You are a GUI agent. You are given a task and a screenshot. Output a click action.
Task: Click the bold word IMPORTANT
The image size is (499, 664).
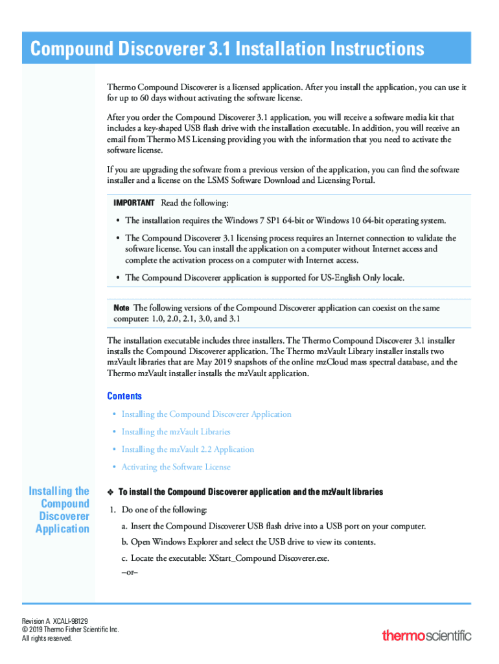134,203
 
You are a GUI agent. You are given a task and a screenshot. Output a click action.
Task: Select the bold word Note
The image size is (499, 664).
121,307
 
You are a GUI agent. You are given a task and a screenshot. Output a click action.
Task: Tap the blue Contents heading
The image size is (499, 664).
124,396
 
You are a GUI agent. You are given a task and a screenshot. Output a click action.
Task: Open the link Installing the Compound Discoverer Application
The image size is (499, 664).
206,414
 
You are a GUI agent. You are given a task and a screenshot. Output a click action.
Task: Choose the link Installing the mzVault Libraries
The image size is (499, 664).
176,432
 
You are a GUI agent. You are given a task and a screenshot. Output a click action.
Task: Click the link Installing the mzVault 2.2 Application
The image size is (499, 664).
187,449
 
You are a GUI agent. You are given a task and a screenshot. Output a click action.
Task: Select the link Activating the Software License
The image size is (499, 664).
176,467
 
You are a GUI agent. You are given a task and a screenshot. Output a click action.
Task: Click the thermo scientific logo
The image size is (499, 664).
426,635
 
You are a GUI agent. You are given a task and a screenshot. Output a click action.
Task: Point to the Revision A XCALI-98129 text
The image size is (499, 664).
55,621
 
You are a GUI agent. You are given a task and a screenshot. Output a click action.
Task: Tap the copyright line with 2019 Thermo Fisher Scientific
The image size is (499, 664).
70,630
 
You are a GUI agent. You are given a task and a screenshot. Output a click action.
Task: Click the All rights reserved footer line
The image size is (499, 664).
47,639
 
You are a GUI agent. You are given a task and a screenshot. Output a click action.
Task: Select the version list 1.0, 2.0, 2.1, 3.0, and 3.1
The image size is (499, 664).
203,319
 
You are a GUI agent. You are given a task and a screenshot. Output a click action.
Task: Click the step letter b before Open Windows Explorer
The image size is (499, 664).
124,542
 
